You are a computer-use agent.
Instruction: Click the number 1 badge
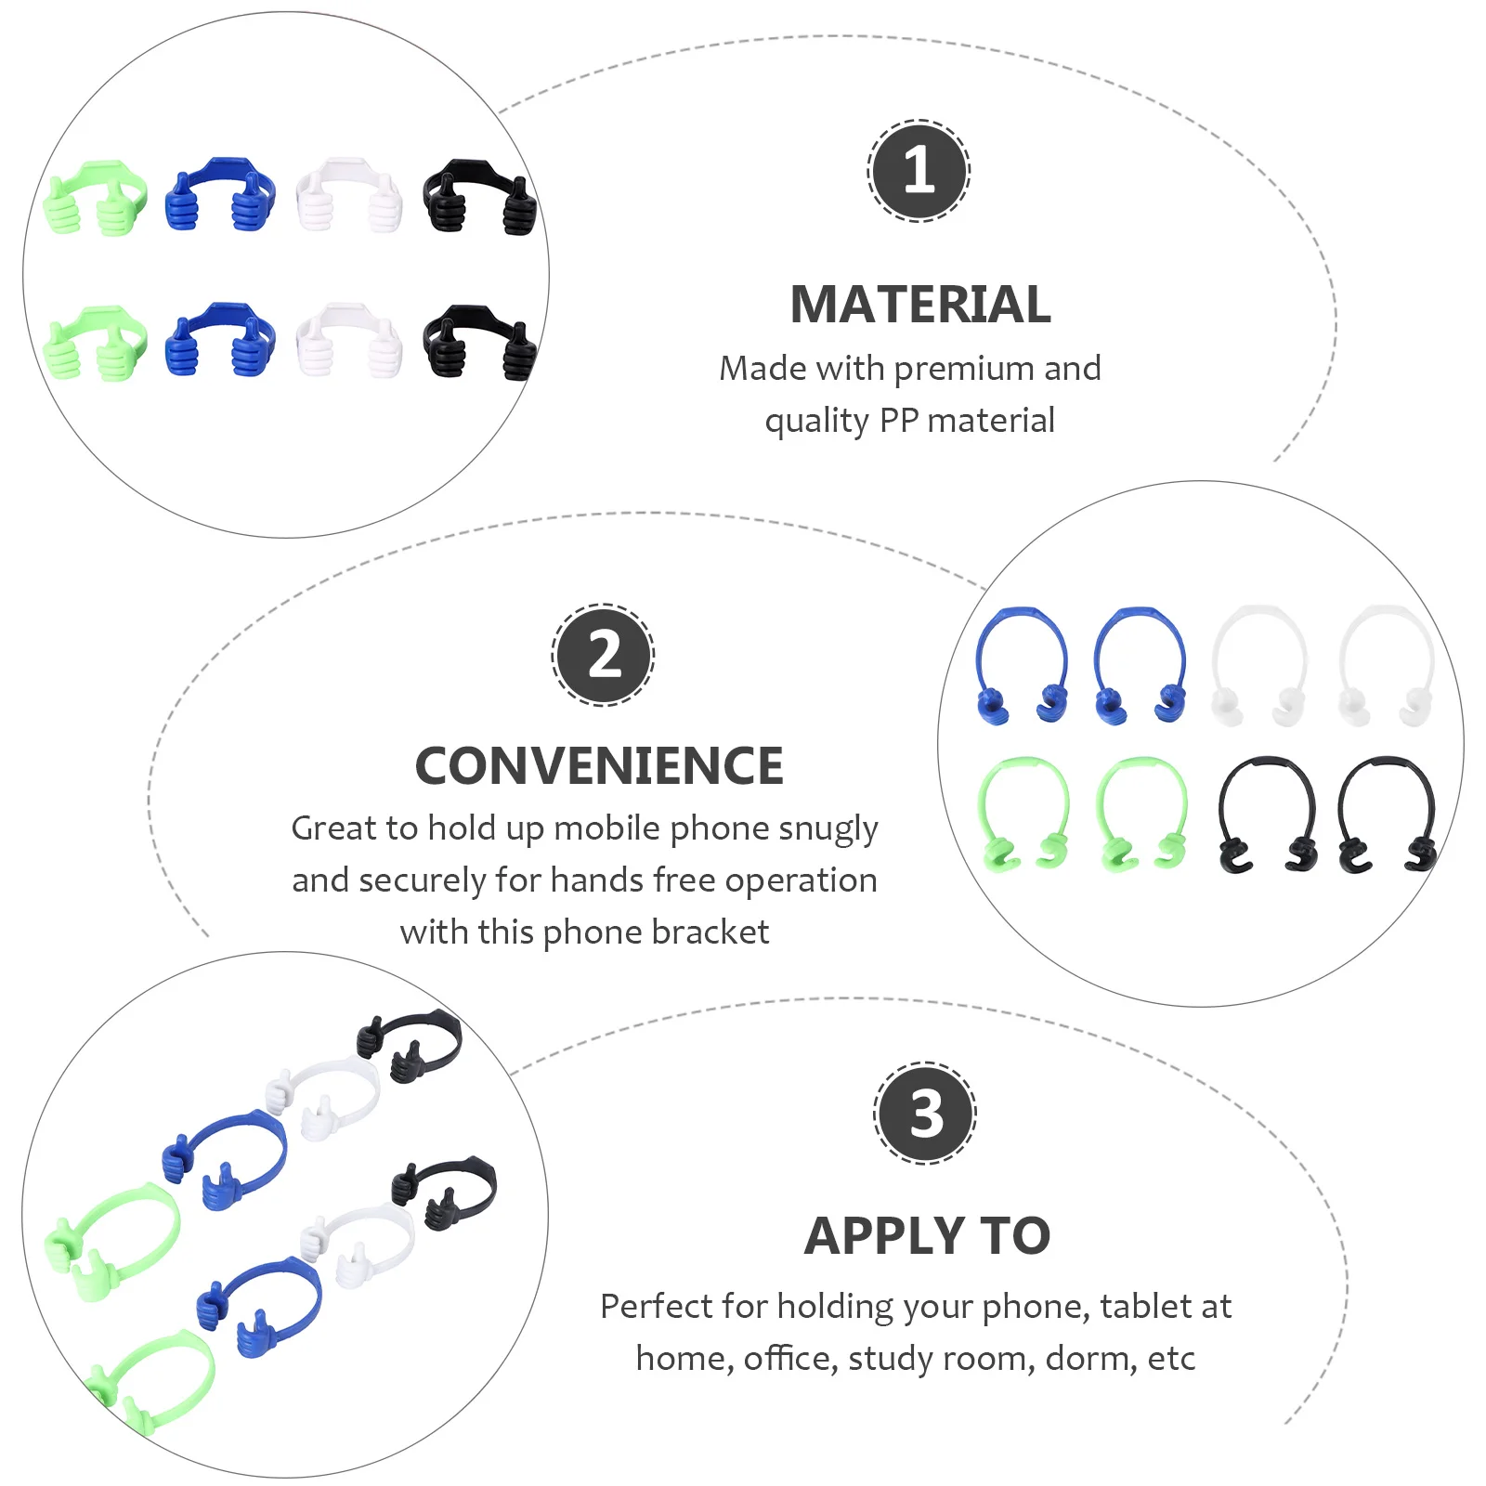point(919,171)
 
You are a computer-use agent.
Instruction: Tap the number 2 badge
point(604,655)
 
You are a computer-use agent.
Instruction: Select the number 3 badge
point(925,1113)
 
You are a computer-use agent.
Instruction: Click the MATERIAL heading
point(919,305)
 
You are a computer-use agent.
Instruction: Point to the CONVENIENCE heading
point(599,766)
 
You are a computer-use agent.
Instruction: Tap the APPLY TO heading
point(927,1236)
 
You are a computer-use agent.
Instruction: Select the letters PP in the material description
point(898,421)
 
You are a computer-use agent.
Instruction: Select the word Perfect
point(656,1307)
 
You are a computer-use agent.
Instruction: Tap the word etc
point(1171,1359)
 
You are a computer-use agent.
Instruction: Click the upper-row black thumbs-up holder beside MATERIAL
point(479,196)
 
